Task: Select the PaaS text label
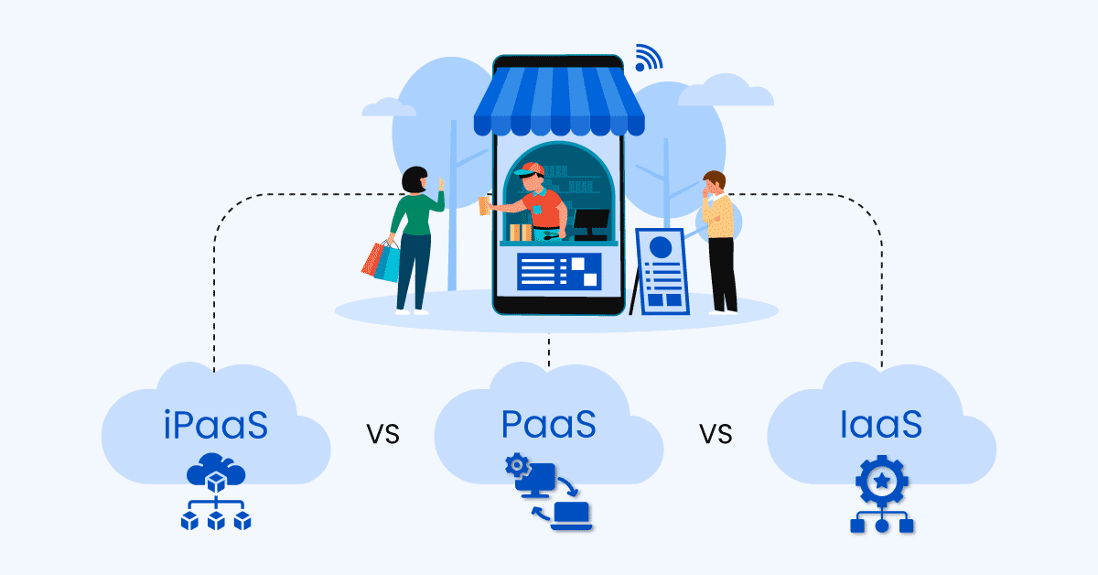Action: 549,425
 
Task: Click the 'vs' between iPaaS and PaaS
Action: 383,432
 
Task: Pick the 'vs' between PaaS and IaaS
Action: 716,432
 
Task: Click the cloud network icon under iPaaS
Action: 216,495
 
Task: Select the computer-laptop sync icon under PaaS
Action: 548,492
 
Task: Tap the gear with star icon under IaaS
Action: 882,494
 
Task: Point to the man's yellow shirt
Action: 720,216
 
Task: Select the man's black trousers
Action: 722,273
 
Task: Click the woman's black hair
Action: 415,179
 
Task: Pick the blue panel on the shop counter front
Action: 558,271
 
